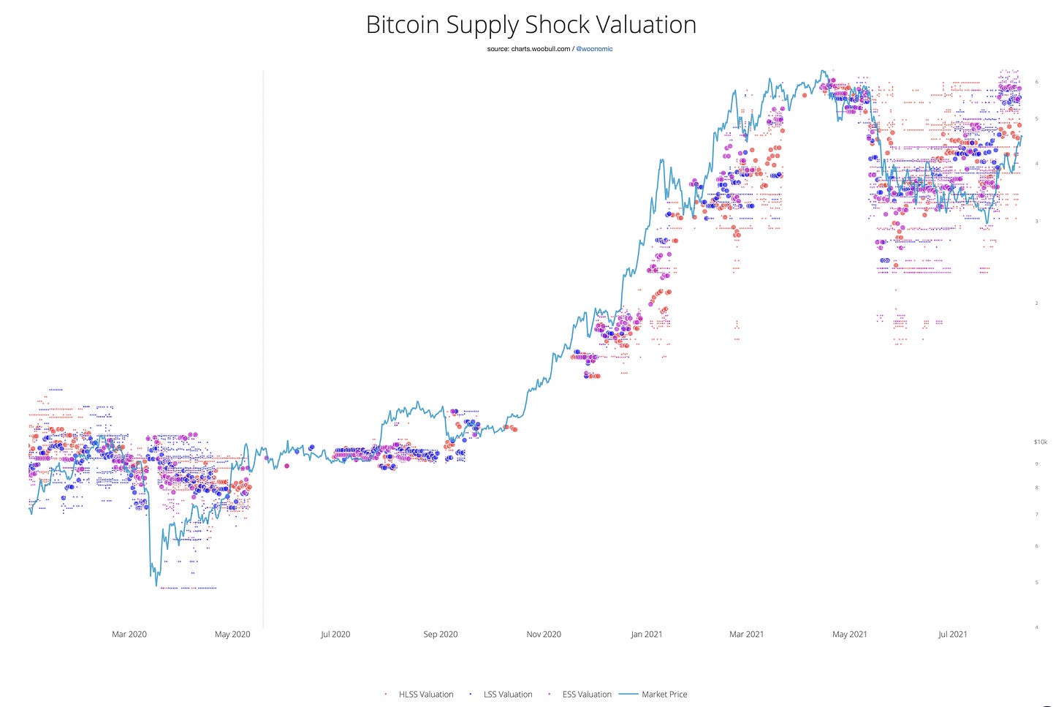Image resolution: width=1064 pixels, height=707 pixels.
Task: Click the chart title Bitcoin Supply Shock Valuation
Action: (x=531, y=25)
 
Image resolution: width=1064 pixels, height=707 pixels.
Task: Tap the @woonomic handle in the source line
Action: (x=594, y=49)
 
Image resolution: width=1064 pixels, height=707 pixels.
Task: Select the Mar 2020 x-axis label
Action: (x=129, y=634)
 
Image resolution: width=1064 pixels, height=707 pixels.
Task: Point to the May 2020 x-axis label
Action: (x=232, y=634)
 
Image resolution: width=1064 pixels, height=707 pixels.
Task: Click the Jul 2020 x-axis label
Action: (x=335, y=634)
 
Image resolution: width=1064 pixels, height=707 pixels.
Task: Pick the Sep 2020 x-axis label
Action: (x=441, y=634)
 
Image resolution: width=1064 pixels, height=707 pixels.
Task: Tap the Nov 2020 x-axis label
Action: (x=544, y=634)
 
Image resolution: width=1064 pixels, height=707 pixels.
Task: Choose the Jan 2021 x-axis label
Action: (x=647, y=634)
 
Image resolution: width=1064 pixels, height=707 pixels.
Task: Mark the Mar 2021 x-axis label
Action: (x=746, y=634)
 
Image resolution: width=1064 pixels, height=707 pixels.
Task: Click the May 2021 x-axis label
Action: (x=850, y=634)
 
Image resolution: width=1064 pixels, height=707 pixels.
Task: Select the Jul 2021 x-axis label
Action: (x=953, y=634)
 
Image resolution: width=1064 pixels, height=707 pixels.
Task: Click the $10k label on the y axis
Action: (x=1041, y=442)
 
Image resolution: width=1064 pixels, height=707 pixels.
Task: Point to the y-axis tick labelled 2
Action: (x=1037, y=303)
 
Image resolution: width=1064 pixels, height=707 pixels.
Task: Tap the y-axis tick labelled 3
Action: (x=1037, y=221)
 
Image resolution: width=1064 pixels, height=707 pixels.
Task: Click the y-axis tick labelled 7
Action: (x=1037, y=515)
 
